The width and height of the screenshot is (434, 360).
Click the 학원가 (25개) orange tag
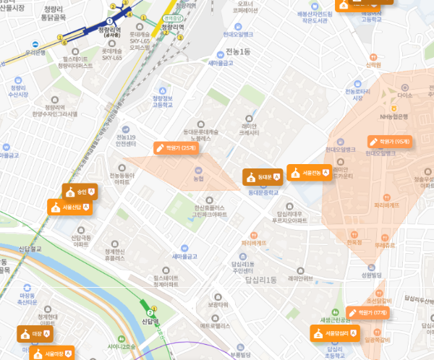176,147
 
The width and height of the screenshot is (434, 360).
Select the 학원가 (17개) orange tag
367,312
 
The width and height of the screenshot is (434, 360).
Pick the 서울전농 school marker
304,172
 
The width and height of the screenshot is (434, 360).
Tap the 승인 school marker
79,192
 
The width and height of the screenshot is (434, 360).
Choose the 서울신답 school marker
69,207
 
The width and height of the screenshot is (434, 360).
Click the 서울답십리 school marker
333,333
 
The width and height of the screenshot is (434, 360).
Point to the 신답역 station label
150,321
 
